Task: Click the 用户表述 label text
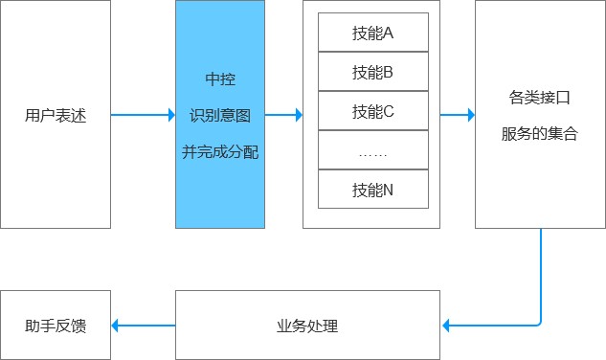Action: coord(56,116)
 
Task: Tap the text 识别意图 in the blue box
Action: coord(219,115)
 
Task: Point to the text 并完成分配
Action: coord(219,151)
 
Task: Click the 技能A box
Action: coord(372,33)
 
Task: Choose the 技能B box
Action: coord(372,72)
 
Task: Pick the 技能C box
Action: coord(372,111)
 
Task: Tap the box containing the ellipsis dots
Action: coord(372,150)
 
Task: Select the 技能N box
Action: coord(372,190)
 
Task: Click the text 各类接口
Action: coord(540,98)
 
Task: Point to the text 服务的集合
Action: coord(540,134)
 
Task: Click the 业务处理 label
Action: coord(307,326)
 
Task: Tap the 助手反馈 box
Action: coord(56,326)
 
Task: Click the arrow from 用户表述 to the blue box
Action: coord(143,116)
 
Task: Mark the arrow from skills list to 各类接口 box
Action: coord(458,116)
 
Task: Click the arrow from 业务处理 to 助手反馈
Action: coord(144,326)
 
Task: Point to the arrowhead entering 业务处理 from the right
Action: coord(446,326)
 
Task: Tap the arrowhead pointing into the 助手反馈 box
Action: coord(116,326)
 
